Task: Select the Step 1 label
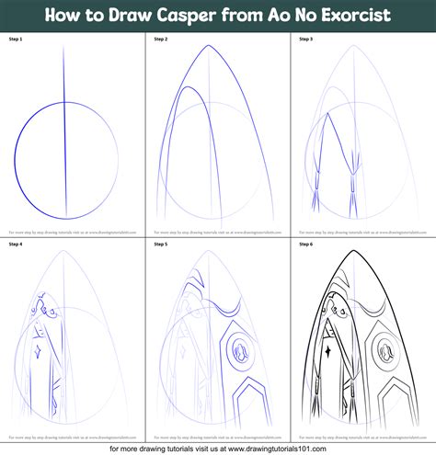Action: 17,40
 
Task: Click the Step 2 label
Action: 160,40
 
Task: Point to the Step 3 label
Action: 305,40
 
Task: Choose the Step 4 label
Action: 17,245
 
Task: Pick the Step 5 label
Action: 160,245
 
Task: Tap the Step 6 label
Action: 305,245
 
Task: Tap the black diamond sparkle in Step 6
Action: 327,350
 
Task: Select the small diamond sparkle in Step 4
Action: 37,350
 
